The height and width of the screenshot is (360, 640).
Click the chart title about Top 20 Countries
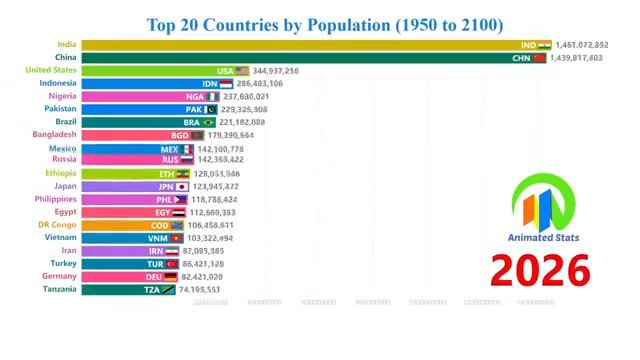click(325, 23)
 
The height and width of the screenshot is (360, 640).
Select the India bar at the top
click(300, 45)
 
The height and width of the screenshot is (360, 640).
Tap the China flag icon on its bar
click(540, 58)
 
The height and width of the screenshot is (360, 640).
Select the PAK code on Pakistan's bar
click(194, 110)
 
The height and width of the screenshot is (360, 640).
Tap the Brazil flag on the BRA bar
click(209, 122)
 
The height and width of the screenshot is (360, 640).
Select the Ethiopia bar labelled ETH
click(125, 173)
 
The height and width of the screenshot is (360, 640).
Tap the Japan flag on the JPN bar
click(182, 186)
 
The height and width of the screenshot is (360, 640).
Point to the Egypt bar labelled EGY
click(120, 212)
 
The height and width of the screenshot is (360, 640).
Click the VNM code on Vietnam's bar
click(158, 238)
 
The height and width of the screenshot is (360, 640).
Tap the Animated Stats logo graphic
click(543, 204)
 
